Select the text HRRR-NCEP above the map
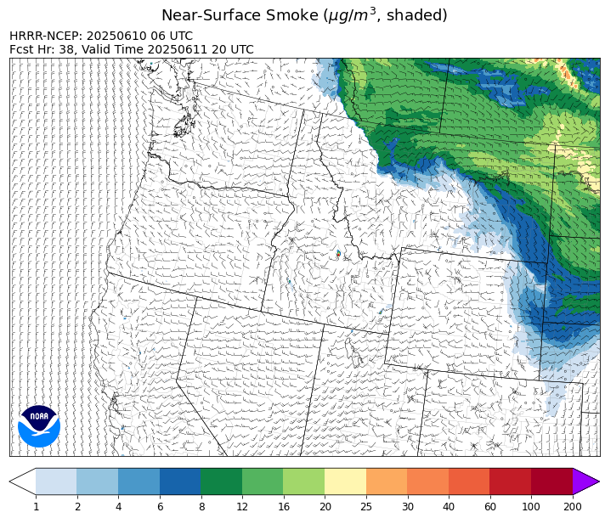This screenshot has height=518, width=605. click(x=46, y=37)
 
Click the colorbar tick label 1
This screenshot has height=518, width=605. click(x=36, y=507)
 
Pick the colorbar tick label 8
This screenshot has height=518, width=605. click(x=201, y=507)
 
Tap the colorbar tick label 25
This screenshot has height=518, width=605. click(x=366, y=507)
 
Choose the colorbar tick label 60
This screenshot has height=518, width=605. click(x=489, y=507)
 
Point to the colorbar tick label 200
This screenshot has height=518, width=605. click(x=573, y=507)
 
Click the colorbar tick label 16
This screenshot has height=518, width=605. click(x=283, y=507)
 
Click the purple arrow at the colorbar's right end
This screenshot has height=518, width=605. click(x=585, y=481)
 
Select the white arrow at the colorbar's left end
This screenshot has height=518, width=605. click(x=22, y=481)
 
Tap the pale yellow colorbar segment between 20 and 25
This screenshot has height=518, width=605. click(x=345, y=481)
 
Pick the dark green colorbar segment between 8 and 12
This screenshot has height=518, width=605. click(x=221, y=481)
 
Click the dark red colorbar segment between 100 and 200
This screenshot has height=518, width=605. click(x=551, y=481)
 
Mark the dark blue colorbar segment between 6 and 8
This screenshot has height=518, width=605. click(x=180, y=481)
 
